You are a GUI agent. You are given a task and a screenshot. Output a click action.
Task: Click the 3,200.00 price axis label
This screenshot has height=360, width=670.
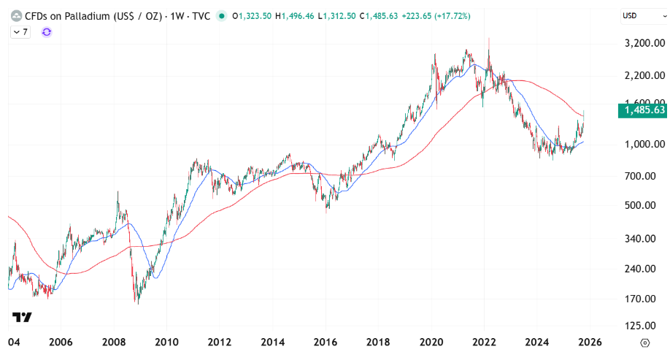[x=642, y=43]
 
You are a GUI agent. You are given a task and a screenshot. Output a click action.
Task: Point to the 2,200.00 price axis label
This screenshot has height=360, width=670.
[x=642, y=75]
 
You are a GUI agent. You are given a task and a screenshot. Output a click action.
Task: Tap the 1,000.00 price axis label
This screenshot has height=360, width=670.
[x=642, y=144]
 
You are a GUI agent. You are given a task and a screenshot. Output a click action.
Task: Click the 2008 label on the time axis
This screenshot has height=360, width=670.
[x=113, y=342]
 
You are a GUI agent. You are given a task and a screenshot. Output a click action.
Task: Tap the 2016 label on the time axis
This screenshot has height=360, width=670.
[x=326, y=342]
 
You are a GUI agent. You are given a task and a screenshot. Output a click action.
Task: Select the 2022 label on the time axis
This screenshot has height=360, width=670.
[x=484, y=342]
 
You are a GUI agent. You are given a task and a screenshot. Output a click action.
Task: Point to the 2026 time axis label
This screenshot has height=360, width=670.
[x=590, y=342]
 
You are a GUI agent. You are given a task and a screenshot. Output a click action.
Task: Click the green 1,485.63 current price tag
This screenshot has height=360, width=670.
[x=642, y=110]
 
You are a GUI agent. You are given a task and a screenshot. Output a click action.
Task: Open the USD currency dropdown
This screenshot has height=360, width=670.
[x=642, y=15]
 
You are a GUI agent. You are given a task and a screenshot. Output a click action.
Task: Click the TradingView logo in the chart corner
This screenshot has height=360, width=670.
[x=22, y=318]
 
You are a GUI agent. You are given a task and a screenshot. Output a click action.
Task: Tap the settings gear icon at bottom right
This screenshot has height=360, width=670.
[x=644, y=342]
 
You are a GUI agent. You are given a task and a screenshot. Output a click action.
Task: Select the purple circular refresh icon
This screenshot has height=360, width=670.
[x=47, y=32]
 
